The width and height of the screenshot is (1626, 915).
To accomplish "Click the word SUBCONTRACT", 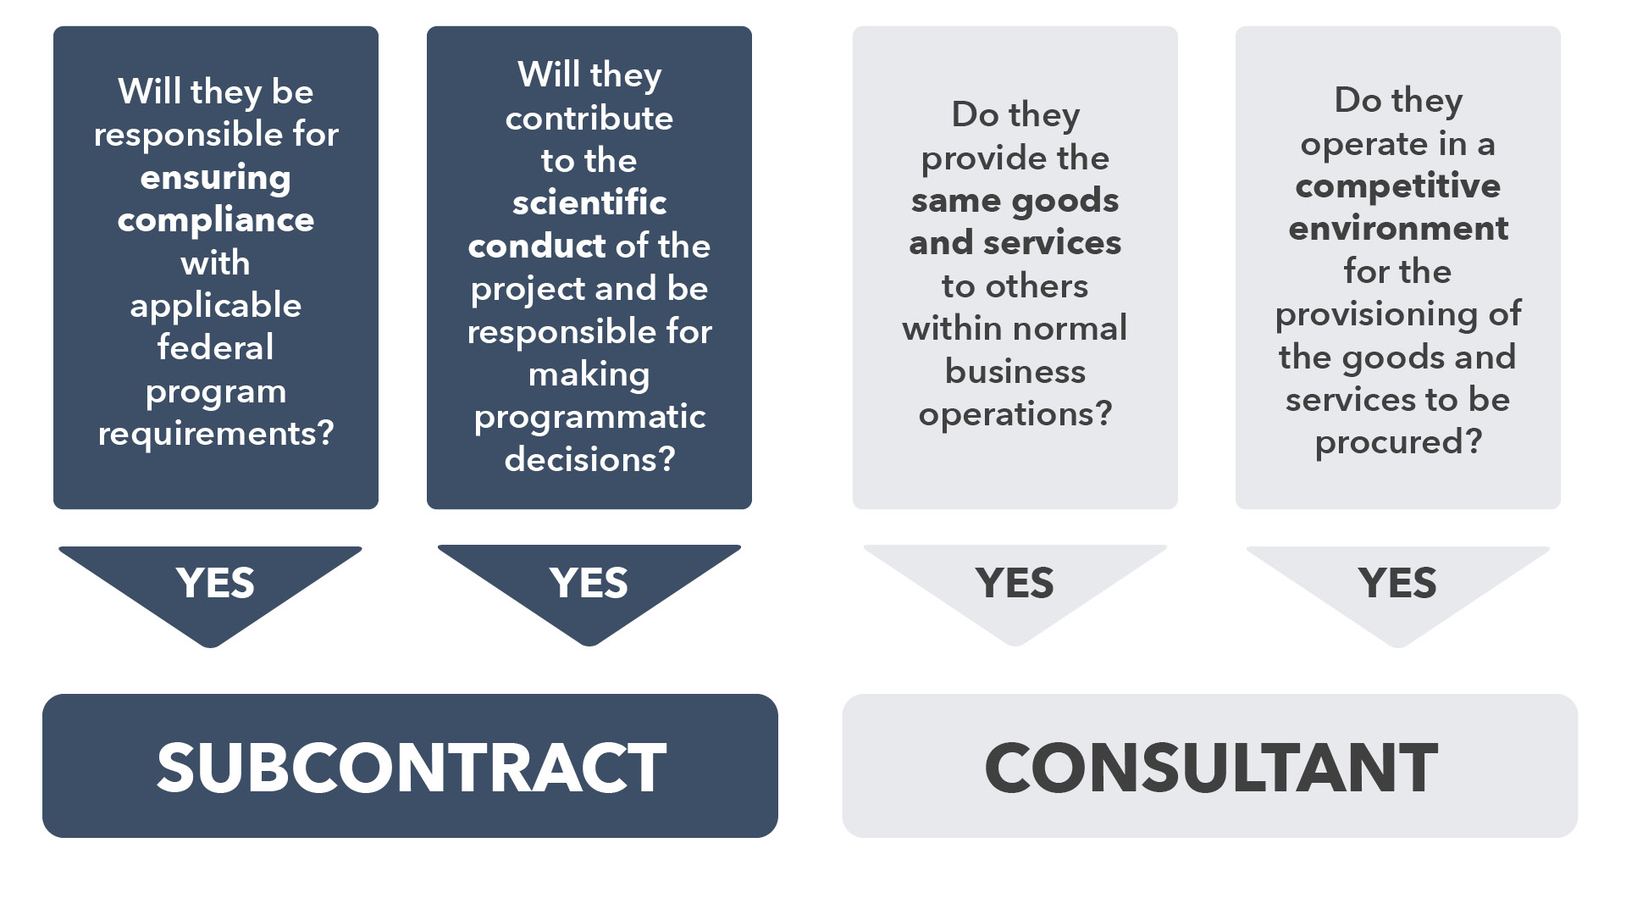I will pos(411,768).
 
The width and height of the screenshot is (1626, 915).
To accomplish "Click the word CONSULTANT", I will pos(1210,768).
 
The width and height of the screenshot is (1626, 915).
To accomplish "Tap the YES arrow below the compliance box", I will pos(215,584).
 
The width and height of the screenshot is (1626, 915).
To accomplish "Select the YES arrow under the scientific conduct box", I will pos(589,584).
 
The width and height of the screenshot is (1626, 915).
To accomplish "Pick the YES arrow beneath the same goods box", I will pos(1015,584).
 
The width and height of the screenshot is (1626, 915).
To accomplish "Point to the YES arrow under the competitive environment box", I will pos(1397,584).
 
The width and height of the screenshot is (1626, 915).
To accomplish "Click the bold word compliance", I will pos(215,220).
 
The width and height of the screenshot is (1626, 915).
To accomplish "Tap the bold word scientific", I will pos(589,203).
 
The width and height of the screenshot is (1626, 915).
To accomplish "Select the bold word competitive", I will pos(1397,186).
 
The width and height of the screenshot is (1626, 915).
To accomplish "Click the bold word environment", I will pos(1397,229).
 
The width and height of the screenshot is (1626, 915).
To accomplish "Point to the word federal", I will pos(215,347).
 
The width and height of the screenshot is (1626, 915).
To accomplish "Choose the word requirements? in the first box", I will pos(215,434).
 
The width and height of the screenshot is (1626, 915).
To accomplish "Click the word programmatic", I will pos(589,417).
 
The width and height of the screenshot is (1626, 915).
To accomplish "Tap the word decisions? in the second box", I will pos(589,459).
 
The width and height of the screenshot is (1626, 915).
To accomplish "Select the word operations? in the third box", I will pos(1015,414).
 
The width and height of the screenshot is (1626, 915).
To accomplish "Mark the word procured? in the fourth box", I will pos(1397,442).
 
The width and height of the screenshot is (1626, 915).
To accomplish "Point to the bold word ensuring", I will pos(215,178).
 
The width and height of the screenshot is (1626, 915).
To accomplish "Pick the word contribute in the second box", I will pos(589,118).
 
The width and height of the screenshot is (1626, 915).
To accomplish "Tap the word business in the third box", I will pos(1015,371).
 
